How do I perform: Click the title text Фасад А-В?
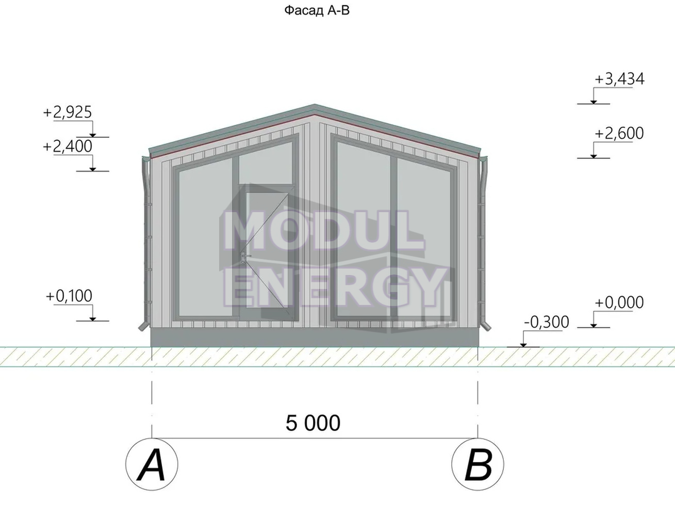[317, 10]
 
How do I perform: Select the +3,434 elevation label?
[619, 79]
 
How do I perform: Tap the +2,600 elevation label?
[619, 133]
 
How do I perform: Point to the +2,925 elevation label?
[68, 112]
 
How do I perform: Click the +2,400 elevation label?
[68, 146]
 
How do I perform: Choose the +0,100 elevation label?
[69, 296]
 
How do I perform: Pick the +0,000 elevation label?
[619, 302]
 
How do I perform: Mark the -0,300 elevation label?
[547, 322]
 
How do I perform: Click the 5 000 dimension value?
[313, 423]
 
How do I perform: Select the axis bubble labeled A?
[152, 464]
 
